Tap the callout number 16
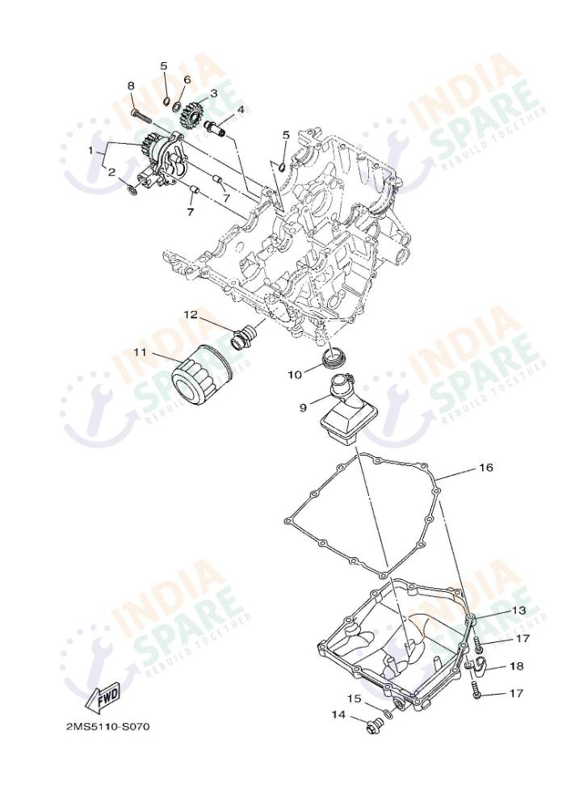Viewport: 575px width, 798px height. (485, 468)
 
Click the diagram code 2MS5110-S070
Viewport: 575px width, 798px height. (107, 726)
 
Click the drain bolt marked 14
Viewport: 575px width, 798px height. (375, 727)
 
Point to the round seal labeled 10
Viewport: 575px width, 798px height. (332, 356)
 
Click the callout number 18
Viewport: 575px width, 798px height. (517, 666)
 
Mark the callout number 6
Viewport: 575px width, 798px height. (187, 79)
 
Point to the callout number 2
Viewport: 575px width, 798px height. (111, 172)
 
